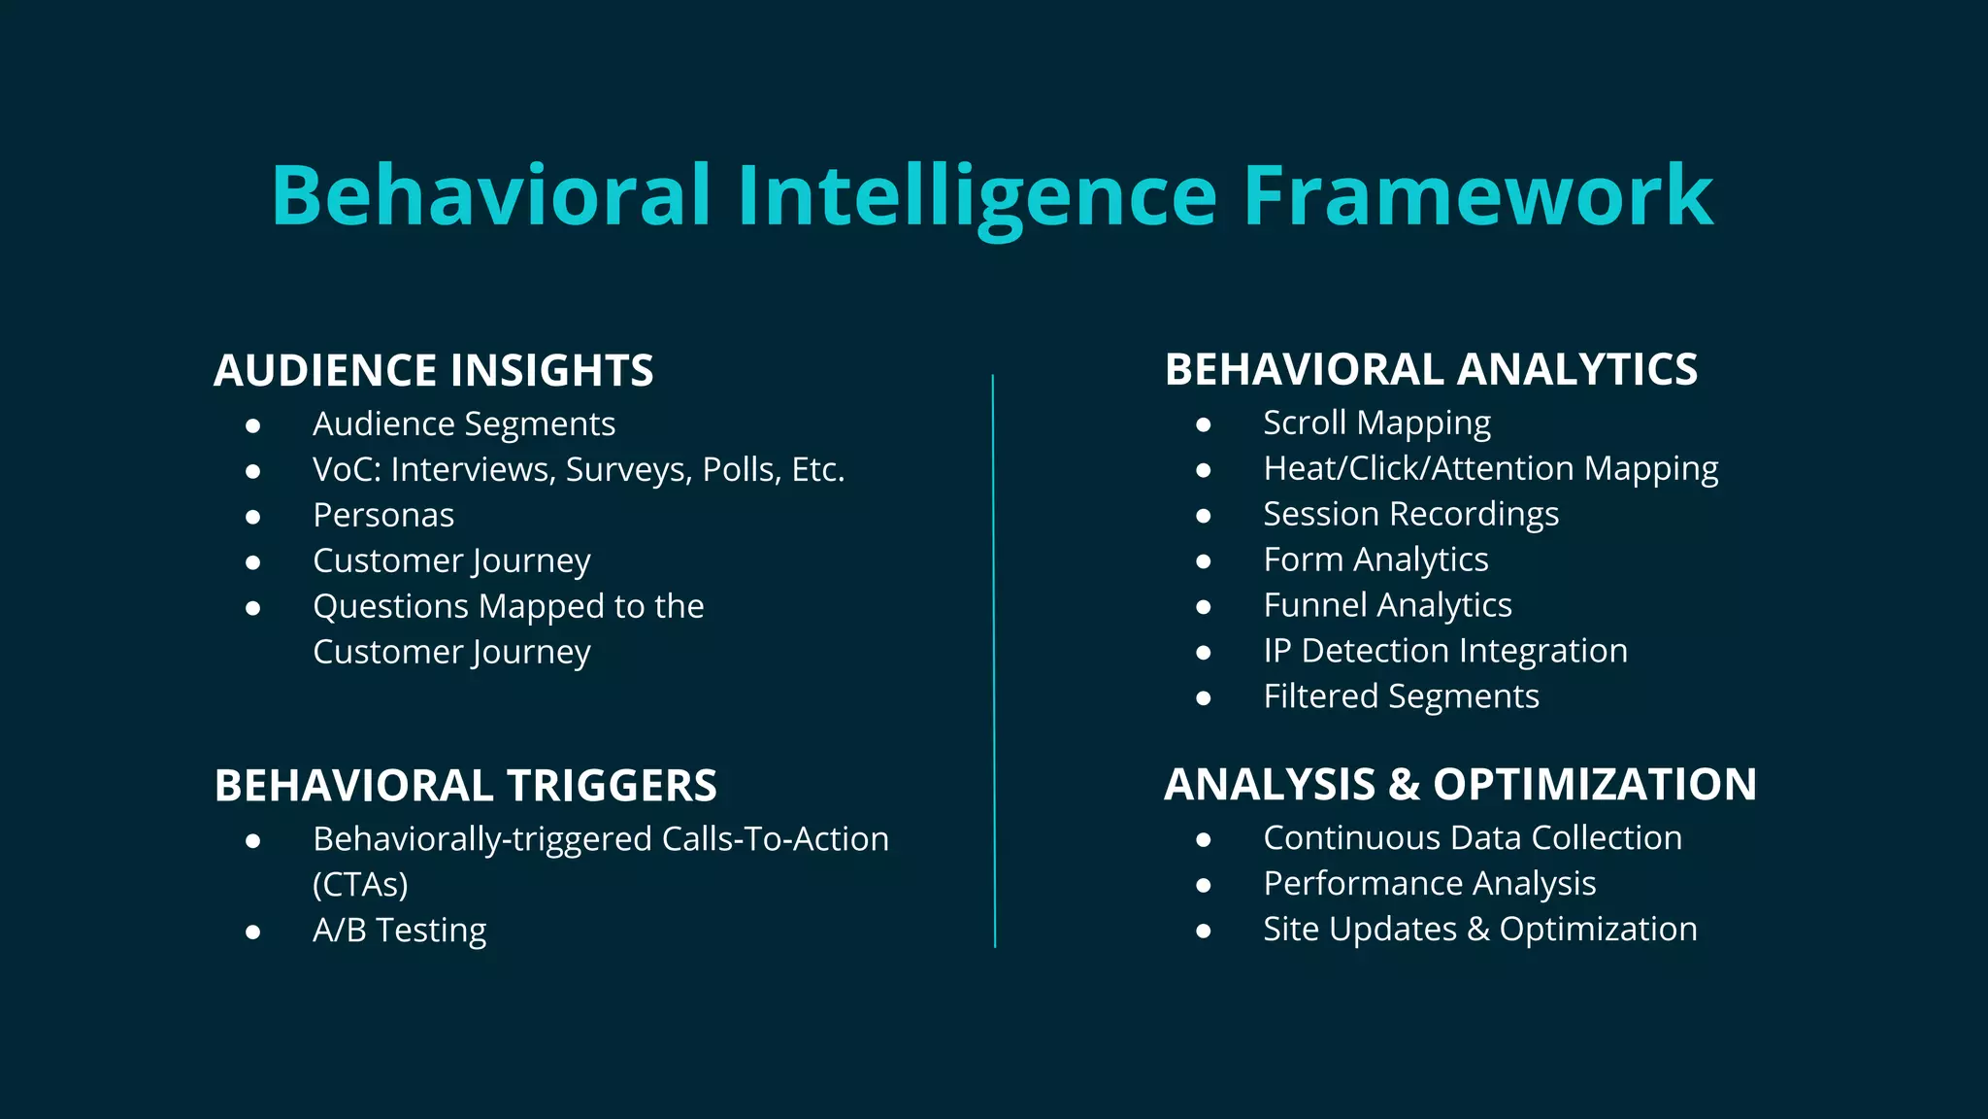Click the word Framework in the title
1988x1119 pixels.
[1477, 196]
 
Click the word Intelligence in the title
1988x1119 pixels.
[977, 196]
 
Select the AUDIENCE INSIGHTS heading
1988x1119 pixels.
[433, 371]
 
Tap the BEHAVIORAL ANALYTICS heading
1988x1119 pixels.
[1431, 370]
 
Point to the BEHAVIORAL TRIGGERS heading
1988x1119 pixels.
[465, 786]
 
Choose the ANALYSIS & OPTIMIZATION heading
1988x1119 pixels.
[1460, 785]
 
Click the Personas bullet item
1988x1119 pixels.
[383, 516]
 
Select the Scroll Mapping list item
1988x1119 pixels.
[1376, 424]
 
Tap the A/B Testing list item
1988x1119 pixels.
[399, 931]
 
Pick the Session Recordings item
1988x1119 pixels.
[1410, 515]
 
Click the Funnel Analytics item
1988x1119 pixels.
[1387, 606]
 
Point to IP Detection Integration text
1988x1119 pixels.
[1444, 651]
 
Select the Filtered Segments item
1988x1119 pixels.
[1401, 696]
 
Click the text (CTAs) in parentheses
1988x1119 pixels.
[360, 885]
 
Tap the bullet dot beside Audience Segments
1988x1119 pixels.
[253, 425]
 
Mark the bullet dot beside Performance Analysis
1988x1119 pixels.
[1204, 885]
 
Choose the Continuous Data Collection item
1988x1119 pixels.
[1472, 838]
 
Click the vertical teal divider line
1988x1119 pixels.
[994, 661]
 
